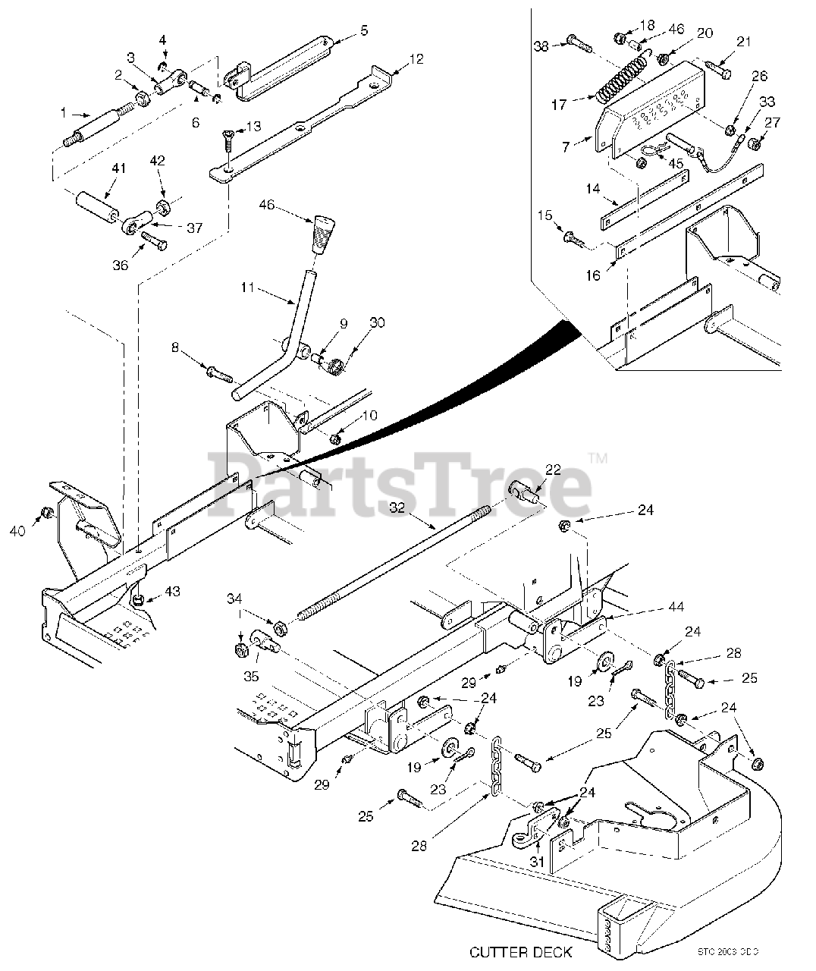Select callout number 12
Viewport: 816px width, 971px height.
416,58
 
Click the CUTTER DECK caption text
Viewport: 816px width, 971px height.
521,951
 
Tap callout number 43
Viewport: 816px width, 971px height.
173,591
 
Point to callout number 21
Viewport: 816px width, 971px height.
743,42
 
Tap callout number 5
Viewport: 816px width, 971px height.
364,31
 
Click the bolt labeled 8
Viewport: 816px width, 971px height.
218,372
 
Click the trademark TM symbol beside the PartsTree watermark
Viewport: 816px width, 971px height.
598,458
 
